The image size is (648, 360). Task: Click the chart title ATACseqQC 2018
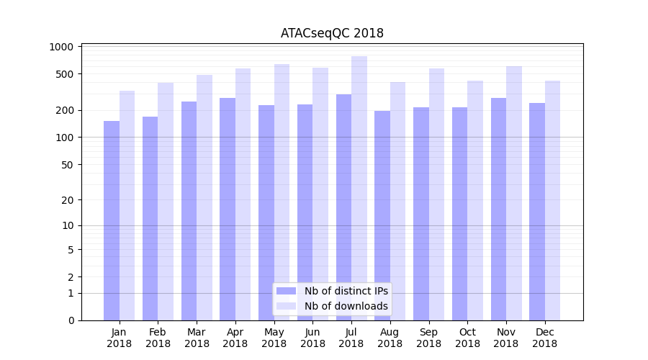(x=332, y=33)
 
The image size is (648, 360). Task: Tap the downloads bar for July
(x=359, y=188)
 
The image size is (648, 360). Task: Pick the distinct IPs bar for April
(x=228, y=209)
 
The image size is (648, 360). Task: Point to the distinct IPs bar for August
(x=382, y=215)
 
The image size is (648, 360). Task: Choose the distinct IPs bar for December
(x=537, y=212)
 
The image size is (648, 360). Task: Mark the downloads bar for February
(x=166, y=202)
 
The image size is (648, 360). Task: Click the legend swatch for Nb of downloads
(x=286, y=306)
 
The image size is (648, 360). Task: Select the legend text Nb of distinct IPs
(x=346, y=291)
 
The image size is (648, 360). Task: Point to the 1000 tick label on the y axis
(x=61, y=47)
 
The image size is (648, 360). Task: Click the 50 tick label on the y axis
(x=66, y=164)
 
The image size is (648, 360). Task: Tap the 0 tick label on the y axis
(x=71, y=320)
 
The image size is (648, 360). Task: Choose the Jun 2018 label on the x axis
(x=312, y=338)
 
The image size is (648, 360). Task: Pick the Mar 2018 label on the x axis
(x=197, y=338)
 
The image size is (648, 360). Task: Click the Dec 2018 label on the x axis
(x=545, y=338)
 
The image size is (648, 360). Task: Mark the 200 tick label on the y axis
(x=64, y=110)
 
